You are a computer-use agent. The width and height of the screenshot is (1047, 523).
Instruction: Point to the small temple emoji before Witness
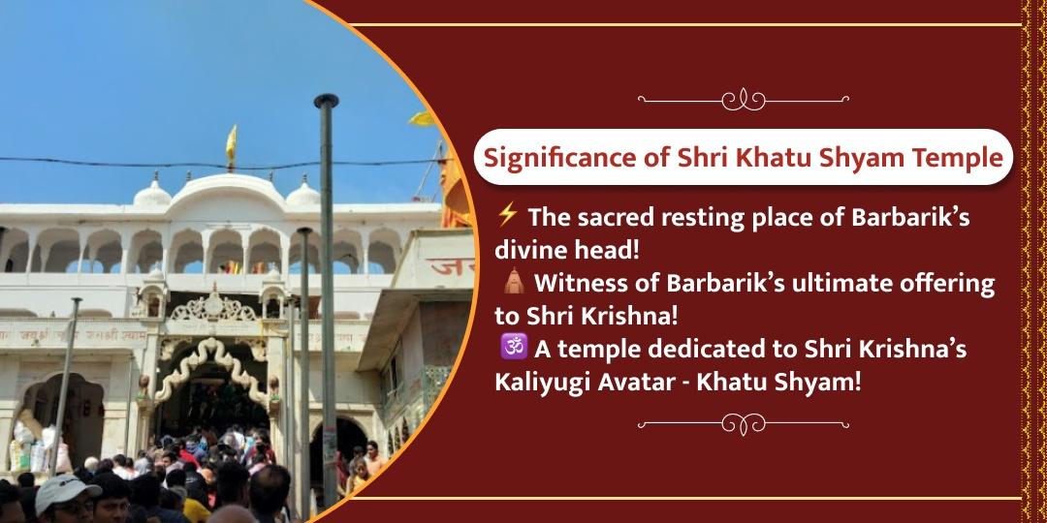point(514,286)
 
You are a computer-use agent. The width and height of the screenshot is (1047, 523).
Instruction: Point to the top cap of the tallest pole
point(327,100)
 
